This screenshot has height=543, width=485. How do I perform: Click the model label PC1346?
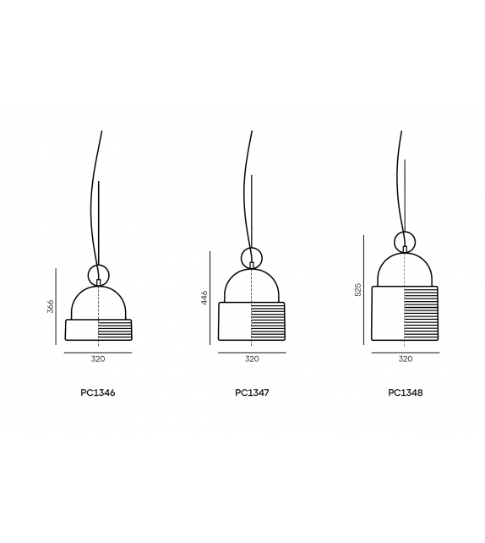click(x=98, y=393)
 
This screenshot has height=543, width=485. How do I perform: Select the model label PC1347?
click(x=252, y=393)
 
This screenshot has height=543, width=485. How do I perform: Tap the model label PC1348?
click(x=406, y=393)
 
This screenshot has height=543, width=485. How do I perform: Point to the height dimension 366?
click(x=50, y=306)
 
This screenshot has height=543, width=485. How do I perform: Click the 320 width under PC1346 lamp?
click(x=98, y=359)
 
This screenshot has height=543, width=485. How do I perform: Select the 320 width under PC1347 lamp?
click(x=252, y=359)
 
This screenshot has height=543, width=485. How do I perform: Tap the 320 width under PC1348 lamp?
click(x=406, y=359)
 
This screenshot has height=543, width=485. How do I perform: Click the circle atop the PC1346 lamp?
click(x=99, y=274)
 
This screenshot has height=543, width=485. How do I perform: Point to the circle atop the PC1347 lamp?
click(x=252, y=256)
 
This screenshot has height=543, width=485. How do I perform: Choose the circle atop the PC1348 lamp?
click(x=406, y=240)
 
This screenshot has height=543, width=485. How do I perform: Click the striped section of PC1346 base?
click(x=115, y=329)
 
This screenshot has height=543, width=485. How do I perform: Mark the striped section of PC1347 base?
click(x=269, y=321)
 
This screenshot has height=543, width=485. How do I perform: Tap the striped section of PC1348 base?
click(x=422, y=314)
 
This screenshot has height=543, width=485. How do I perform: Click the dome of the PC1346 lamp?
click(x=98, y=303)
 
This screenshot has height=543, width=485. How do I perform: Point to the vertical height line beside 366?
click(x=57, y=306)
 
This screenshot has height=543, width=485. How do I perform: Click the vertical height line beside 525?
click(x=365, y=290)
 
